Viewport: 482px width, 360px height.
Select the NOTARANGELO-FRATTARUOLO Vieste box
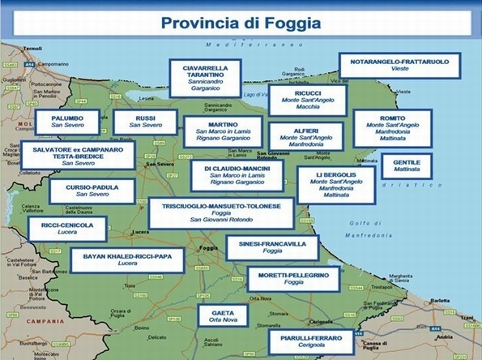(x=399, y=66)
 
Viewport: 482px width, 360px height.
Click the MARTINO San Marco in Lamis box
(x=223, y=133)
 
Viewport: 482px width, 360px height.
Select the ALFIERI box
(x=306, y=139)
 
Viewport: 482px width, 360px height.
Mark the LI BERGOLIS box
(x=335, y=185)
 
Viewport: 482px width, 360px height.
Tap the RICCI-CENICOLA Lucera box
(x=67, y=229)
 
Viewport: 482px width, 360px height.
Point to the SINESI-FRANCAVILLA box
(x=272, y=247)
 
